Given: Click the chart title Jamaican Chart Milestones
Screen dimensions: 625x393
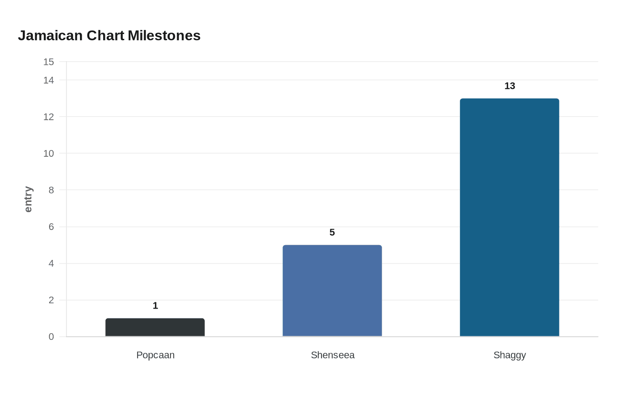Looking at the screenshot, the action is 109,36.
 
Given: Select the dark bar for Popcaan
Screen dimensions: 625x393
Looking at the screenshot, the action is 155,327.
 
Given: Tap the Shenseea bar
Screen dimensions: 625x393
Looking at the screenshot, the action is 332,291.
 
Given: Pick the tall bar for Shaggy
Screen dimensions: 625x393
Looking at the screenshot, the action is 509,217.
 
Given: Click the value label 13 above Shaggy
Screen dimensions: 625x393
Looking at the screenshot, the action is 510,86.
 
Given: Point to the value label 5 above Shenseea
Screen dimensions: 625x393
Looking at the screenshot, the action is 332,232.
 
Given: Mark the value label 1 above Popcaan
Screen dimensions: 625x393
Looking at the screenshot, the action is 155,305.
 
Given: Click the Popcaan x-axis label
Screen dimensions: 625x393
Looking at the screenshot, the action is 155,355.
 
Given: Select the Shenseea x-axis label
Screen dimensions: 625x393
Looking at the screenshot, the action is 333,355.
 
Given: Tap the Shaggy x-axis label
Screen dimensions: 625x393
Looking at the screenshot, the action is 510,355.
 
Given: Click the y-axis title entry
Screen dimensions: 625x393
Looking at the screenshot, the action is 28,199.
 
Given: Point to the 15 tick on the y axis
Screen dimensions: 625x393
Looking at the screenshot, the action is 49,62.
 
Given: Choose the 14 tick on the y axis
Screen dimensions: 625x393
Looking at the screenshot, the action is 49,80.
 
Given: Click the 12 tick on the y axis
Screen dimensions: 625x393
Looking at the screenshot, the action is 49,117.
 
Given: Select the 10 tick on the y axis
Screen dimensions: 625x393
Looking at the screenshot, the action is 49,154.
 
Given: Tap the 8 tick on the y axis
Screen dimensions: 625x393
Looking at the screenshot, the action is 51,190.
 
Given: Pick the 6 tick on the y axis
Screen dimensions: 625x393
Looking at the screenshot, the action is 51,227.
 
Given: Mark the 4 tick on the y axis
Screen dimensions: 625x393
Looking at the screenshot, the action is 51,263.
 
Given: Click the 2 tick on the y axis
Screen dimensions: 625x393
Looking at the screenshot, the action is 51,300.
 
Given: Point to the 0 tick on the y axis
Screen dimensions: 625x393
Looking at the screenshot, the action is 51,337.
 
